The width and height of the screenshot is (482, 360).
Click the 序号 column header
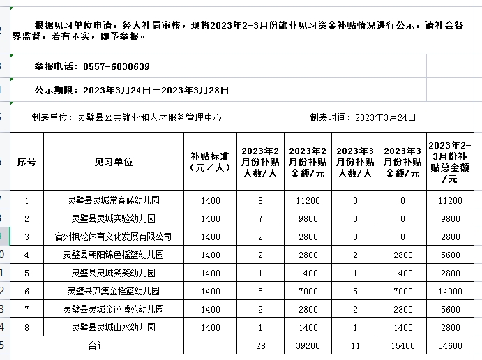(27, 162)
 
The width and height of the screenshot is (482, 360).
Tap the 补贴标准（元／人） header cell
(210, 162)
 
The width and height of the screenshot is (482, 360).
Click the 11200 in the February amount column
(308, 200)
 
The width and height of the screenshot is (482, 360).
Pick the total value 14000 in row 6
(450, 291)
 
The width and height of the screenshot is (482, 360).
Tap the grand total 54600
(450, 345)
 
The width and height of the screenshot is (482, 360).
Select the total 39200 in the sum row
(308, 345)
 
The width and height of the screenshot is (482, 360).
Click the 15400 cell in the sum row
(402, 345)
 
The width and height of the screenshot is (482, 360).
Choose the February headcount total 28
(260, 345)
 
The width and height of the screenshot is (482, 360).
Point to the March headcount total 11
(355, 345)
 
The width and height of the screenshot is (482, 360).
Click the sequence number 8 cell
(27, 327)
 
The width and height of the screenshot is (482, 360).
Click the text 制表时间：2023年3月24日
(363, 118)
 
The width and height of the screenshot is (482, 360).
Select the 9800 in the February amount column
(308, 218)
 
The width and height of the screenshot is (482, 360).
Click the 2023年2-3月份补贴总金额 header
(450, 162)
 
